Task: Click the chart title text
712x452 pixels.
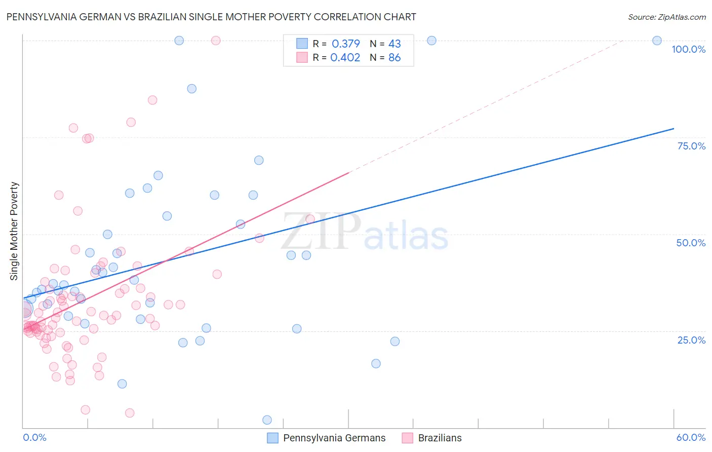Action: pyautogui.click(x=211, y=17)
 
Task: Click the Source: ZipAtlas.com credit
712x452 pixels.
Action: pyautogui.click(x=666, y=17)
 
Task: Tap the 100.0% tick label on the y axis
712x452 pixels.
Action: pyautogui.click(x=688, y=49)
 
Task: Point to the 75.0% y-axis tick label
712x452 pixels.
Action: pyautogui.click(x=691, y=146)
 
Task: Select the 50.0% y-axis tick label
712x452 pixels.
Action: pyautogui.click(x=691, y=243)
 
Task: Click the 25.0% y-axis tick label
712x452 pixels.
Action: pyautogui.click(x=691, y=340)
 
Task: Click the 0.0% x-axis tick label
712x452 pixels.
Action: pyautogui.click(x=34, y=437)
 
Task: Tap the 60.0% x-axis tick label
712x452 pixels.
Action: pyautogui.click(x=691, y=437)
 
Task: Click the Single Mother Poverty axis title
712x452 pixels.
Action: pyautogui.click(x=14, y=231)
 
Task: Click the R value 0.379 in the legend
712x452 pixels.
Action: pyautogui.click(x=346, y=44)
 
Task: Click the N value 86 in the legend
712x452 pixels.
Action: pyautogui.click(x=394, y=58)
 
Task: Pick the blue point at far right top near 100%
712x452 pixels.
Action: pyautogui.click(x=657, y=41)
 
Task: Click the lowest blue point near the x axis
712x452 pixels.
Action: pyautogui.click(x=267, y=420)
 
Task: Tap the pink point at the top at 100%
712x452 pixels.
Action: pyautogui.click(x=216, y=41)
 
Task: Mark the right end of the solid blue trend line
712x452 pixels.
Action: pyautogui.click(x=673, y=129)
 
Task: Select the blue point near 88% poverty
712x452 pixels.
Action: pyautogui.click(x=191, y=89)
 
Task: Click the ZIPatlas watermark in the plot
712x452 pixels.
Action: pyautogui.click(x=365, y=233)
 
